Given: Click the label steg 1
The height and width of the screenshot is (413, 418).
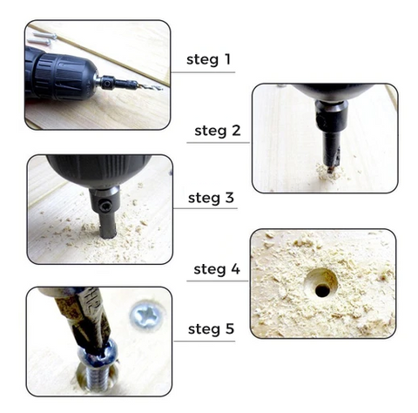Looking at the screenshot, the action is (208, 59).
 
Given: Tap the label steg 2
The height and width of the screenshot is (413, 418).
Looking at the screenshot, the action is (218, 131).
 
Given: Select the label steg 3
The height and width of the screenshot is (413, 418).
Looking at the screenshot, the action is (211, 198).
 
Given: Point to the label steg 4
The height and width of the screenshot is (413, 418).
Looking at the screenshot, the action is (217, 269).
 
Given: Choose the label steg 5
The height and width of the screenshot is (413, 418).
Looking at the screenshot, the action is (211, 329).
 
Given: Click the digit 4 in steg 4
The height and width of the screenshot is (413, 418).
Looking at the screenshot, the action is (236, 269).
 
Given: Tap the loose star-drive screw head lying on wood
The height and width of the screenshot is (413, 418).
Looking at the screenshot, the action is (148, 315).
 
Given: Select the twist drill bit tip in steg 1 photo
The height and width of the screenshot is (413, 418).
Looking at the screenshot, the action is (151, 86).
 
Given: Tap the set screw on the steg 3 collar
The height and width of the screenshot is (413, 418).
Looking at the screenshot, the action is (104, 207).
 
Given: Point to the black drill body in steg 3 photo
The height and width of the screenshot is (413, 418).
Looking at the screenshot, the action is (98, 171).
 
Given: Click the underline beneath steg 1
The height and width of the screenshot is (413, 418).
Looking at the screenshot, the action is (203, 72).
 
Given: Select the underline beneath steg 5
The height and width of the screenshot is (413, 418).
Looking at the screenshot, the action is (205, 341).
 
